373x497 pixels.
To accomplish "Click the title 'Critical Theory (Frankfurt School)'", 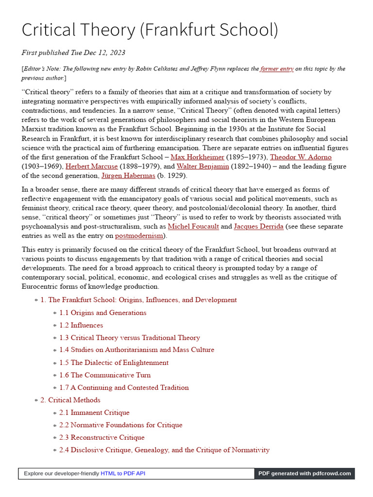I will (150, 30).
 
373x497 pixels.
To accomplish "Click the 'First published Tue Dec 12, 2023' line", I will (73, 52).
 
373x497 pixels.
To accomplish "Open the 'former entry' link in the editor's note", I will (277, 69).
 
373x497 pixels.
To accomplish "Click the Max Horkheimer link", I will (197, 157).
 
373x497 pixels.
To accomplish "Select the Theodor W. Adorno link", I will (301, 157).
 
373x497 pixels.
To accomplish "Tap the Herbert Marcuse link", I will (91, 166).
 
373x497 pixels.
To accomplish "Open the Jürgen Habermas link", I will (128, 175).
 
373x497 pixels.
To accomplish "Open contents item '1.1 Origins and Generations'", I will (102, 313).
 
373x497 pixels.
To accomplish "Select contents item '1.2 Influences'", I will (81, 325).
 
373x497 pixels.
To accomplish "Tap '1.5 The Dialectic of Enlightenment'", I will (114, 363).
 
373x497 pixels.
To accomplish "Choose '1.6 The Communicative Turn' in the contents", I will (105, 375).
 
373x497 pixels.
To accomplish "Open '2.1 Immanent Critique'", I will (94, 413).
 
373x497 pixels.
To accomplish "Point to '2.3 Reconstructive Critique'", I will (102, 437).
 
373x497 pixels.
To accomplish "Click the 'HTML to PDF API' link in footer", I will (123, 473).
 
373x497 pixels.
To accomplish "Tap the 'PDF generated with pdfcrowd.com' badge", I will (305, 473).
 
